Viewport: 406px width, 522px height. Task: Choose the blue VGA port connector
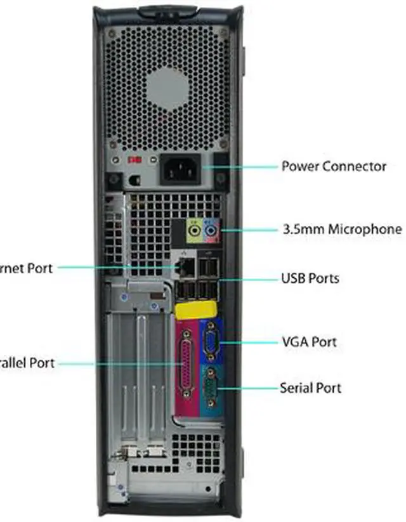pos(210,343)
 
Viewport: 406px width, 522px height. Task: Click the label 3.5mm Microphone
pos(341,229)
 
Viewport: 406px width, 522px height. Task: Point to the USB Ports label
pos(310,278)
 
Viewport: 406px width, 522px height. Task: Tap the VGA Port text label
pos(309,342)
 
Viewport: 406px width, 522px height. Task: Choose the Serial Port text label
pos(310,387)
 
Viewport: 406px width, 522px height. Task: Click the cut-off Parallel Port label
pos(27,363)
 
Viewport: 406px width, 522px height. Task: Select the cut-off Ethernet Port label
pos(26,268)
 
